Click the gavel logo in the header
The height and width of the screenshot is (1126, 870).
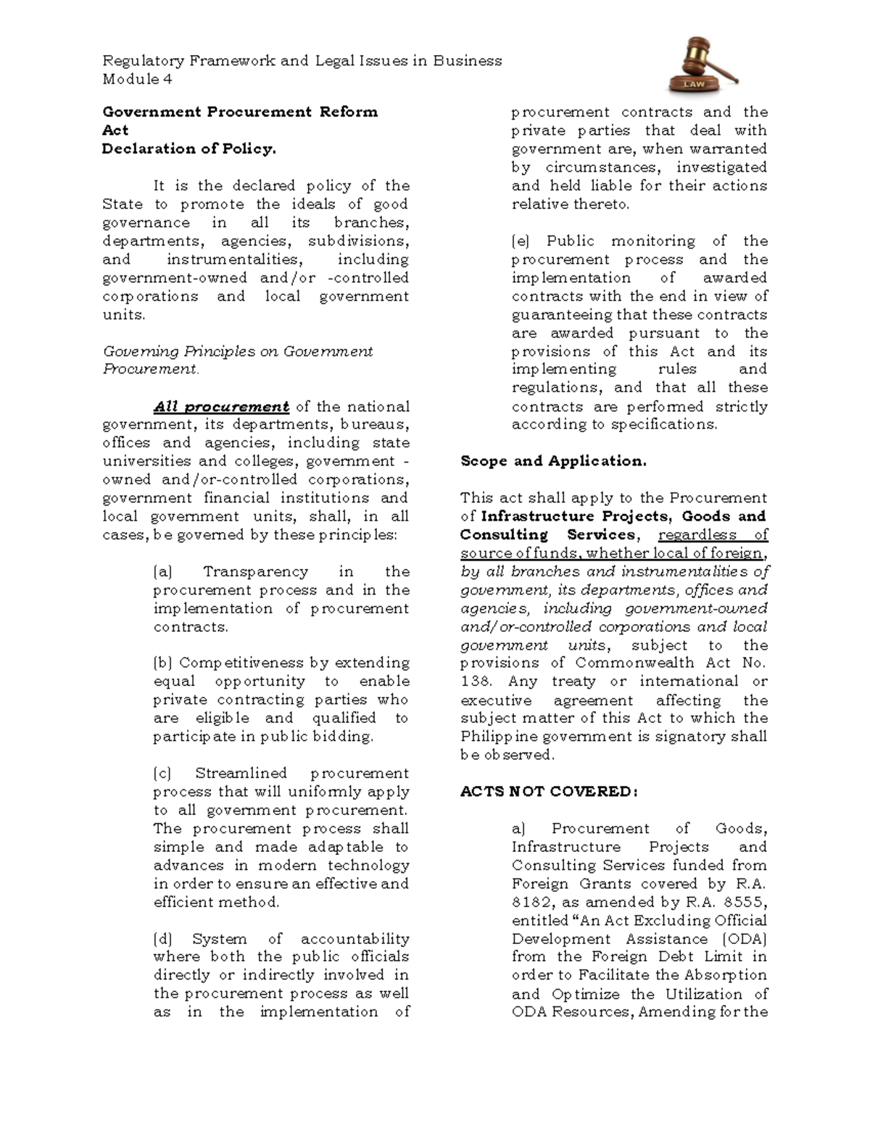pyautogui.click(x=703, y=65)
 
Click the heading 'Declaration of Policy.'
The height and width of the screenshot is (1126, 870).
pyautogui.click(x=188, y=149)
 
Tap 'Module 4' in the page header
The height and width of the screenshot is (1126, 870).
pyautogui.click(x=137, y=79)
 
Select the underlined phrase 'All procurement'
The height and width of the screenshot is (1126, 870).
pyautogui.click(x=221, y=407)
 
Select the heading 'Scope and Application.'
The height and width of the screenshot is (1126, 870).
pyautogui.click(x=553, y=461)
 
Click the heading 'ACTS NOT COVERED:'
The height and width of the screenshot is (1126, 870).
pyautogui.click(x=549, y=792)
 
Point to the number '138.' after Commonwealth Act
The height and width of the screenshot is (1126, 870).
pyautogui.click(x=476, y=682)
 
